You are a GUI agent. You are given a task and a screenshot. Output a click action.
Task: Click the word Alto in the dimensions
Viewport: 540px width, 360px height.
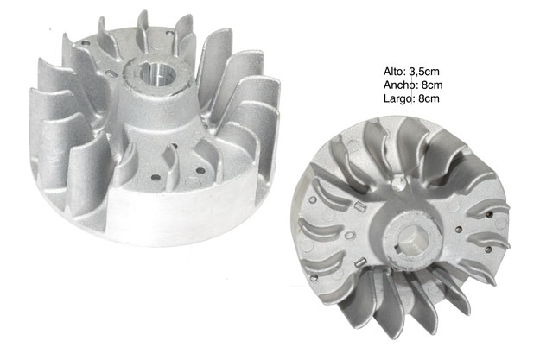[394, 72]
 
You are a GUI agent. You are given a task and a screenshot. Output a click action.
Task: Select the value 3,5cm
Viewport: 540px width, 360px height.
[424, 72]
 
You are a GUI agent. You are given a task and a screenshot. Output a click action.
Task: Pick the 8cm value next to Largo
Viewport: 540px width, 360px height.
[429, 98]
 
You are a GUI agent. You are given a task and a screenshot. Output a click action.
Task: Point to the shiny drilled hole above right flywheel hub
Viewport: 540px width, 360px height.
[397, 183]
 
